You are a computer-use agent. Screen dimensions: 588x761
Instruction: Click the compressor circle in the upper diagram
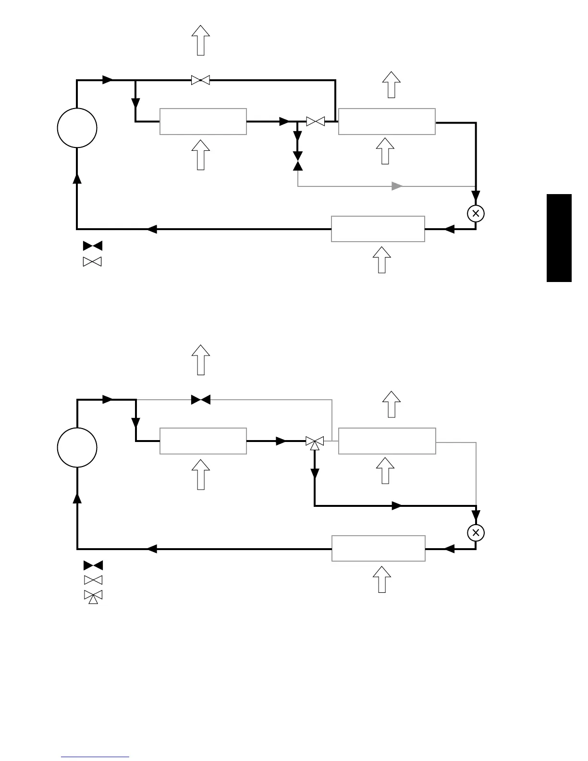point(77,128)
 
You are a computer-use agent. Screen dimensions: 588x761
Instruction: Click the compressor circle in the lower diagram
point(77,447)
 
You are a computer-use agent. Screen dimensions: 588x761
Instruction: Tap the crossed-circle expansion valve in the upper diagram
point(476,213)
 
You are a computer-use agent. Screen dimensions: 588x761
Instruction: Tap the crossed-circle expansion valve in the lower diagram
point(476,532)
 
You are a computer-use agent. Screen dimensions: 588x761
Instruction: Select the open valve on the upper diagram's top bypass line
point(200,80)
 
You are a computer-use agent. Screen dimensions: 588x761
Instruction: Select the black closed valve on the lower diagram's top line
point(200,400)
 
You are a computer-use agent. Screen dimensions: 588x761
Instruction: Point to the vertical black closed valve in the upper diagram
point(298,161)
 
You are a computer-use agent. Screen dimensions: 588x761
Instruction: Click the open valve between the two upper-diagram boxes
point(316,122)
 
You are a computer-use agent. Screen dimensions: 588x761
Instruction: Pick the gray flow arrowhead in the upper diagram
point(397,186)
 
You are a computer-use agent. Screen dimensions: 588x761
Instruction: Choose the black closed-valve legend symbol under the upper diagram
point(93,246)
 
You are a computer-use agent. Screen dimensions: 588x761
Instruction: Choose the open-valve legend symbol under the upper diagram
point(93,262)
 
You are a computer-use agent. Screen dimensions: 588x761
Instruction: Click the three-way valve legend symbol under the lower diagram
point(93,596)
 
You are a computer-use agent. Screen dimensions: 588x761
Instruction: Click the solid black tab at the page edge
point(559,238)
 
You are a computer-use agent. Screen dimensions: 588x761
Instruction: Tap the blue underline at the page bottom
point(95,757)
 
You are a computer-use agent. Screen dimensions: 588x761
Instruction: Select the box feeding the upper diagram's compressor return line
point(378,229)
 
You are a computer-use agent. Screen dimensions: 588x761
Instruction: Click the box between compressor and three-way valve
point(203,441)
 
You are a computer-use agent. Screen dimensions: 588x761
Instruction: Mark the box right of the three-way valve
point(387,441)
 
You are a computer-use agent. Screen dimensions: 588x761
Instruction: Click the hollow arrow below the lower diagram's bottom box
point(382,579)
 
